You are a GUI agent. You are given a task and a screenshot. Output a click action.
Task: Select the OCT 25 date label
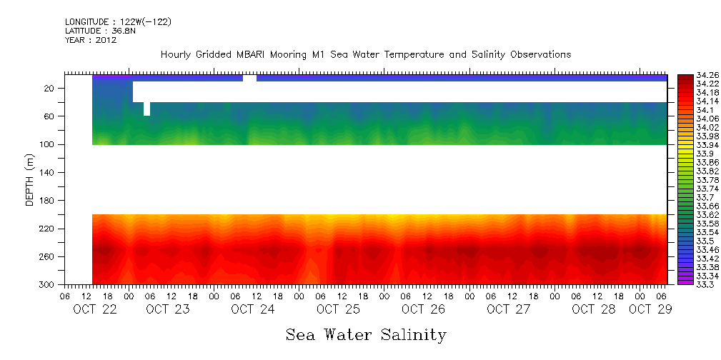pos(337,309)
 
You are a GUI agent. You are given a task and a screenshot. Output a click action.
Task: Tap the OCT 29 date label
pos(650,309)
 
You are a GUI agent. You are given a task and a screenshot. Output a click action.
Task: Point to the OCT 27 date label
pos(508,309)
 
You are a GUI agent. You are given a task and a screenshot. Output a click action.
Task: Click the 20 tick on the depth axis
pos(50,89)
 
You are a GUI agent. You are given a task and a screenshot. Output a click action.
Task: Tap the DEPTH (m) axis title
pos(30,179)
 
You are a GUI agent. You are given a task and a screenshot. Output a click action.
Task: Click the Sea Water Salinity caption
pos(366,335)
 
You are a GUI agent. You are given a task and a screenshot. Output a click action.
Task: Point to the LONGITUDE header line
pos(118,22)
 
